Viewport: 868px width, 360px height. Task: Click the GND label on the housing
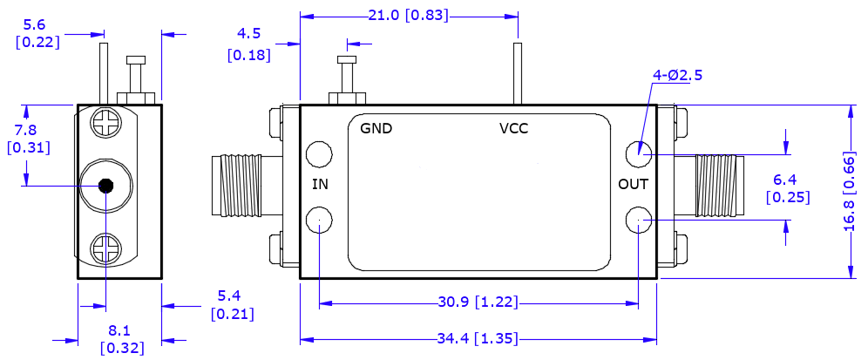376,128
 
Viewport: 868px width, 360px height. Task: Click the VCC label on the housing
513,128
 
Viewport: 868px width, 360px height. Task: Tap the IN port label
321,184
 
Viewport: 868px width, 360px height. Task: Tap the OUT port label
634,184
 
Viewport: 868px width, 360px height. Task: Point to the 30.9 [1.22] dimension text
478,302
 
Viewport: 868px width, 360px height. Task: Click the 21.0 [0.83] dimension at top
410,15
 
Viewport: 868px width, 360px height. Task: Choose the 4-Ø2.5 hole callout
677,75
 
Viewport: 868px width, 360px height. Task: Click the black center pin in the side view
105,185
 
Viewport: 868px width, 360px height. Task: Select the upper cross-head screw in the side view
105,123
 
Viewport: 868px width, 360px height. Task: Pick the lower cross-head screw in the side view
105,248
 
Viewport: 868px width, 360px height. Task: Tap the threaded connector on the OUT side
715,185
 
